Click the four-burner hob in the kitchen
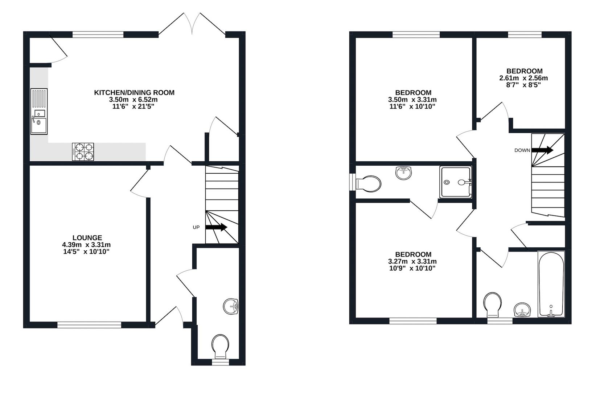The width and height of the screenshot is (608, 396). pos(83,152)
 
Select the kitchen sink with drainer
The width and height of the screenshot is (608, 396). pos(39,112)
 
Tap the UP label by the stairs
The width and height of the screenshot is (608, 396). pos(196,227)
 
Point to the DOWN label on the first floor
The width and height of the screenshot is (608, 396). pos(522,150)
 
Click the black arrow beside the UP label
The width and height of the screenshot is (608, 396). pos(216,227)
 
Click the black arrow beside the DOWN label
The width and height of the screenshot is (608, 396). pos(542,150)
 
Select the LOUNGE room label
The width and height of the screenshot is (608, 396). pos(87,238)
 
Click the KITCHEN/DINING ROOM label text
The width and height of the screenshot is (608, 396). pos(134,93)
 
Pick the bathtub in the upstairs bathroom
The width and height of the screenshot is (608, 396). pos(551,284)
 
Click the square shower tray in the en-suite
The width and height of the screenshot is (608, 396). pos(455,182)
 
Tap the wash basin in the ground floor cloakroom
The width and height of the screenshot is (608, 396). pos(230,306)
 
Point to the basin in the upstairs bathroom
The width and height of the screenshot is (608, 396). pos(522,310)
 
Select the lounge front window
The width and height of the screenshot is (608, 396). pos(89,324)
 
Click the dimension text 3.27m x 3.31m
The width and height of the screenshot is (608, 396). pos(412,261)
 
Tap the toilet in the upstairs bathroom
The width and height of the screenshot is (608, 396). pos(493,304)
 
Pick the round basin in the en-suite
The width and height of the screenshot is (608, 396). pos(404,173)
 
